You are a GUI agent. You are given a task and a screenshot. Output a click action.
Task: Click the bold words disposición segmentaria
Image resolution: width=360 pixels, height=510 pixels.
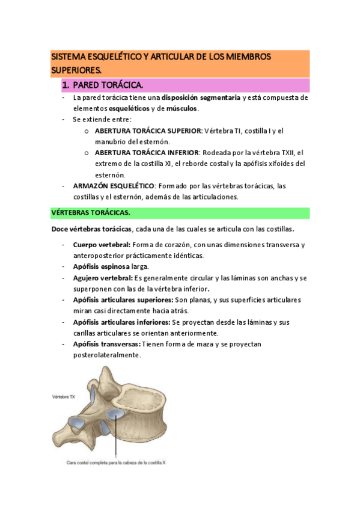tap(194, 97)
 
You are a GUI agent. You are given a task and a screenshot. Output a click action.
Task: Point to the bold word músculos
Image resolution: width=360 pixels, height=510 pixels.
tap(180, 108)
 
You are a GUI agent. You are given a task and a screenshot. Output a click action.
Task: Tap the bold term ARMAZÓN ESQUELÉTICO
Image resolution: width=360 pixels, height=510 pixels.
tap(114, 185)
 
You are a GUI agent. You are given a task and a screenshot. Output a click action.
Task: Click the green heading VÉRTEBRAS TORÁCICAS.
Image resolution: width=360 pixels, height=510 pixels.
tap(90, 213)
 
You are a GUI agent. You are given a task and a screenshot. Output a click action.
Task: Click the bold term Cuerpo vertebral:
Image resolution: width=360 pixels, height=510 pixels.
tap(102, 245)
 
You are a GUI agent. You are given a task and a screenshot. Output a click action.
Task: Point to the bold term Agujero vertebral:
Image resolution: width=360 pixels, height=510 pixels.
tap(103, 278)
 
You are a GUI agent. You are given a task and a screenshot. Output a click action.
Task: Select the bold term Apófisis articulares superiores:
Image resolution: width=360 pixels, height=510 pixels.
tap(122, 300)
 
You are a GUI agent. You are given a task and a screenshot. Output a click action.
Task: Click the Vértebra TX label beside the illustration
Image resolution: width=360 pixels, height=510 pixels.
tap(64, 397)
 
